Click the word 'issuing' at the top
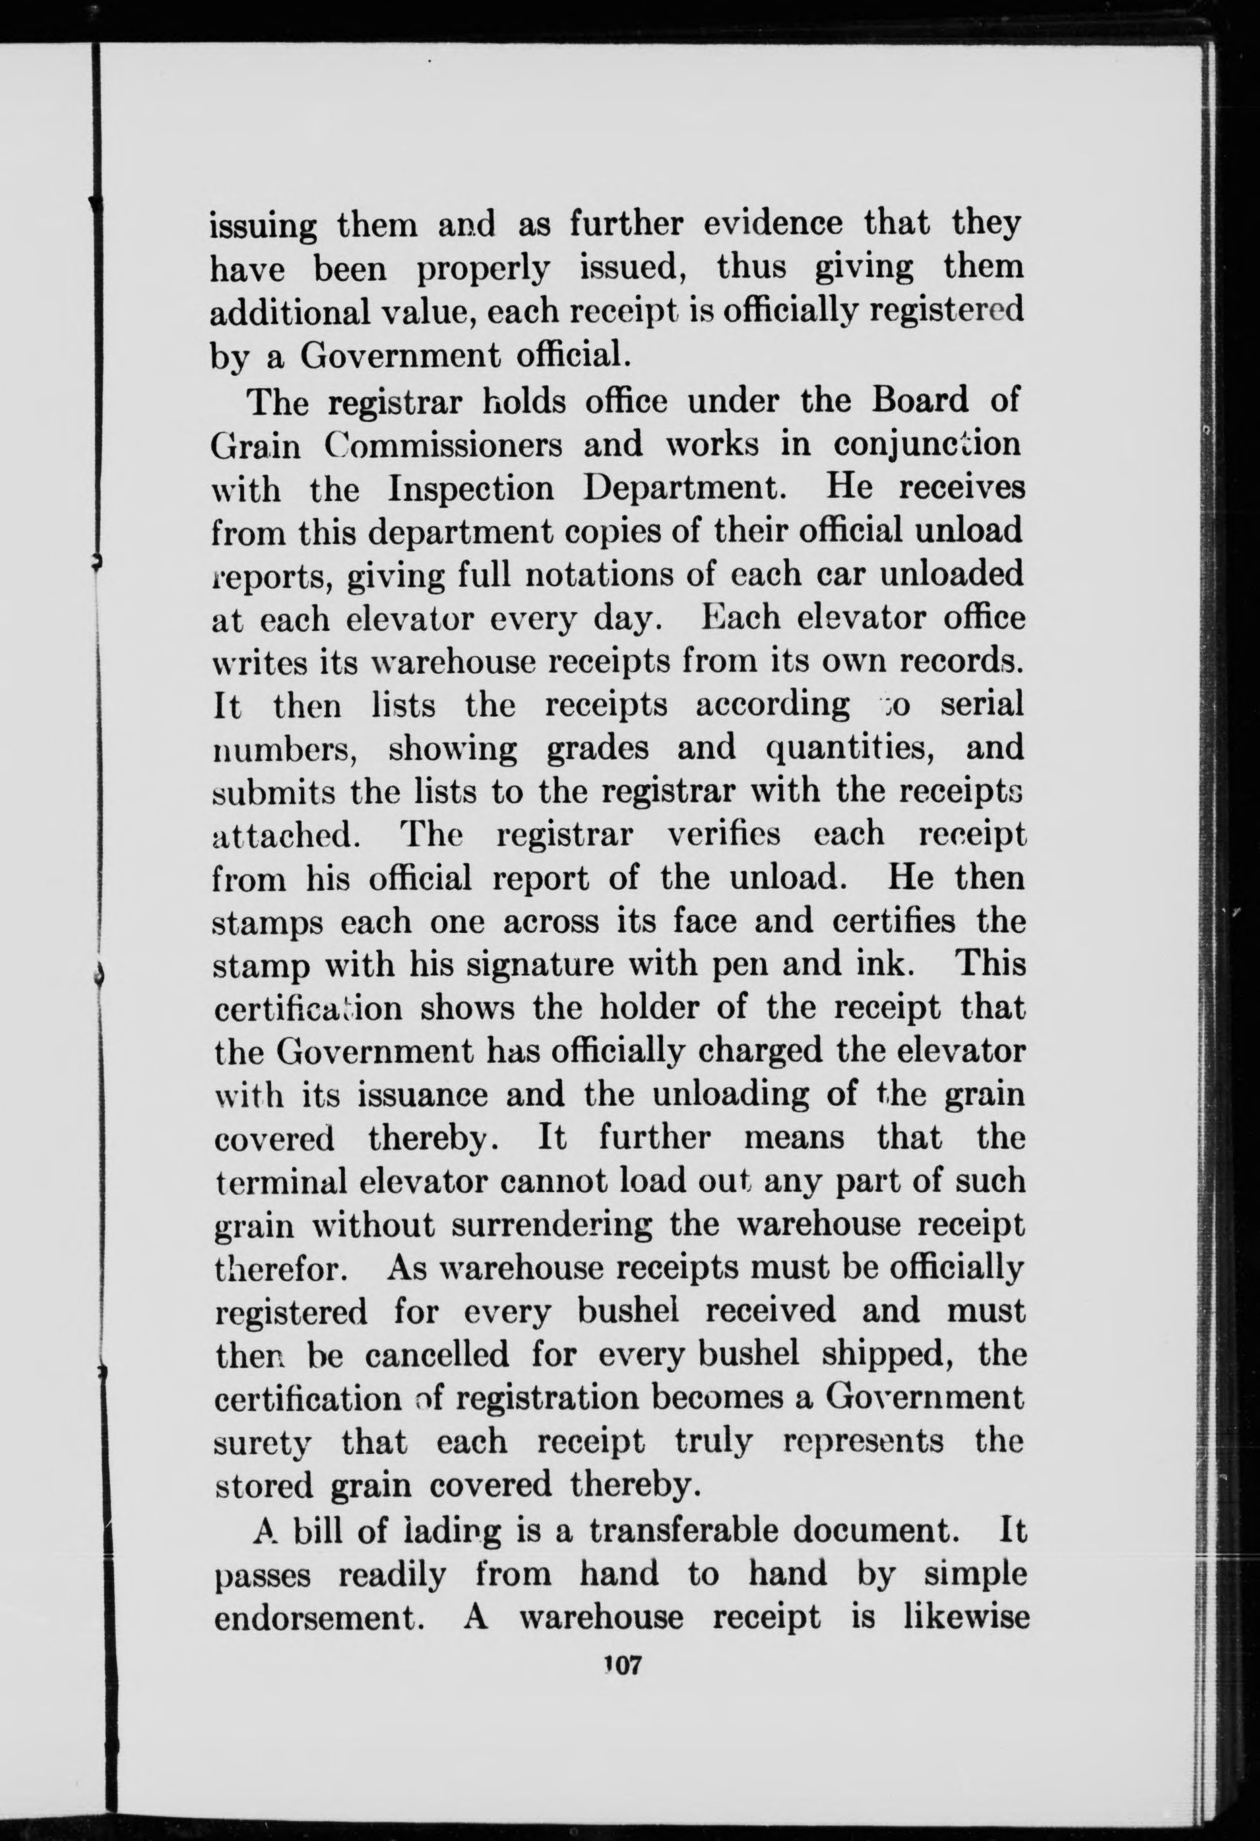tap(263, 228)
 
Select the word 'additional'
tap(291, 312)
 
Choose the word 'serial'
tap(982, 704)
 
